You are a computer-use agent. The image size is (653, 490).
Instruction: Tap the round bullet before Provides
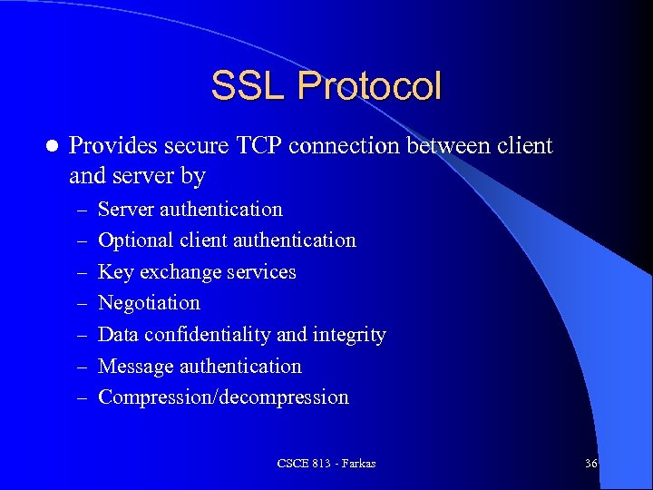(x=52, y=145)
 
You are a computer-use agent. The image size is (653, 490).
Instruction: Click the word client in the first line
(x=524, y=145)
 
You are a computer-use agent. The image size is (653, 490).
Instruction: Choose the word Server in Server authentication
(x=126, y=209)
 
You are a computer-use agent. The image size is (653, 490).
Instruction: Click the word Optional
(x=136, y=240)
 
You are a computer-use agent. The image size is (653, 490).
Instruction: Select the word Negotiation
(x=149, y=303)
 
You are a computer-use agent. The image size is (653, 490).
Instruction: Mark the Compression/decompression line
(x=223, y=397)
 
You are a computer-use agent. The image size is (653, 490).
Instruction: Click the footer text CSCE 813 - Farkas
(x=326, y=464)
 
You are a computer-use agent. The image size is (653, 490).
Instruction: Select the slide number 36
(x=590, y=464)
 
